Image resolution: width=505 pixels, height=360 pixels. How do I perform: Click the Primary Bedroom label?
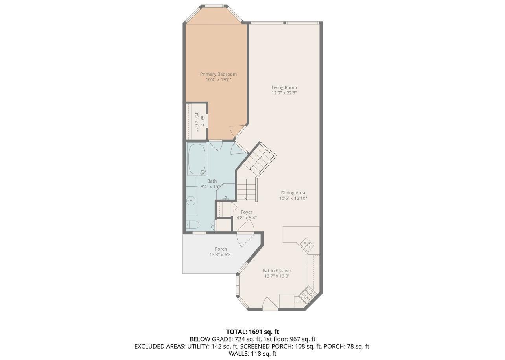[218, 74]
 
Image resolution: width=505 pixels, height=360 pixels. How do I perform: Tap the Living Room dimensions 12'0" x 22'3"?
[284, 93]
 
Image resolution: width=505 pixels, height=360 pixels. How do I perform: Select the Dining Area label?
[293, 193]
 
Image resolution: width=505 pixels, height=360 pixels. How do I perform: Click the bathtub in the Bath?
[197, 159]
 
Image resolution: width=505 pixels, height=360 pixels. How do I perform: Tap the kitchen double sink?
[307, 244]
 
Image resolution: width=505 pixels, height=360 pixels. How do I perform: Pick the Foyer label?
[247, 212]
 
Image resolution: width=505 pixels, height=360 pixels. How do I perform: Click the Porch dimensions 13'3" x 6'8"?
[221, 255]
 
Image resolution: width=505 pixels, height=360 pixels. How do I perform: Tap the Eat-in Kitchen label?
[277, 270]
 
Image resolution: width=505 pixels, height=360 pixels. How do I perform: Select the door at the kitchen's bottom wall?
[270, 304]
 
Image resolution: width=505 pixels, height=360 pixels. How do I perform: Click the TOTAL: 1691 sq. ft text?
[252, 332]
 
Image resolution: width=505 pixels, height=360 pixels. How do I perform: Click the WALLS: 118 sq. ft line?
[252, 354]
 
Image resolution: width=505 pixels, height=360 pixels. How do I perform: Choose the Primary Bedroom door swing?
[238, 131]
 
